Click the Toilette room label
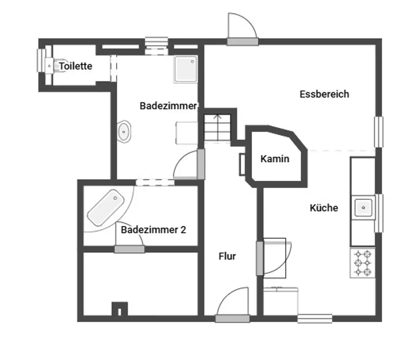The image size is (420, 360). tap(76, 66)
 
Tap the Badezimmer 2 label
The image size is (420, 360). tap(153, 230)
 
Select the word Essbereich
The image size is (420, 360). tap(324, 94)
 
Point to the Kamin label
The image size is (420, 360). tap(275, 159)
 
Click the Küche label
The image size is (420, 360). tap(324, 208)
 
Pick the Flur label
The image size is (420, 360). tap(227, 256)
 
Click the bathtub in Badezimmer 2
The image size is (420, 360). tap(104, 207)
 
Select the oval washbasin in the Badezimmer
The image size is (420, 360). tap(124, 131)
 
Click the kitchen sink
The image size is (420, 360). tap(363, 207)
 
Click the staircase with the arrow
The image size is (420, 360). tap(218, 127)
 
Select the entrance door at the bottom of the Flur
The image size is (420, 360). tap(232, 318)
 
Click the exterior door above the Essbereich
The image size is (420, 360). tap(242, 41)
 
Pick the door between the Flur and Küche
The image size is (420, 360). tap(260, 258)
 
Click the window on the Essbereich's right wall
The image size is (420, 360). tap(379, 132)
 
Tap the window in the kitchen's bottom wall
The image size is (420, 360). tap(315, 319)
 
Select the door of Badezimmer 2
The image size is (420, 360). tap(129, 249)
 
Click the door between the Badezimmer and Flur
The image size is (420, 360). tap(201, 163)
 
